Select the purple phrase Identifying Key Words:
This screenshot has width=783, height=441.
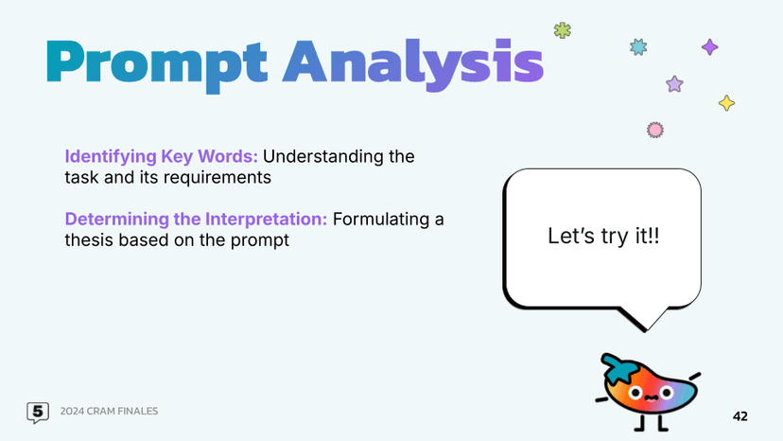coord(161,156)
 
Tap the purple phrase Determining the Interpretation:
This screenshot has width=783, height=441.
coord(196,220)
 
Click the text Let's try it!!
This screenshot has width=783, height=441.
coord(603,237)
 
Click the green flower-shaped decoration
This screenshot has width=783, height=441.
coord(563,30)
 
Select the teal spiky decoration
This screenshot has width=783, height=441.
coord(638,45)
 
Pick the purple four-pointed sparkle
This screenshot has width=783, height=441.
coord(709,46)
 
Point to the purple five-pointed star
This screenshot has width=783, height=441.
coord(674,84)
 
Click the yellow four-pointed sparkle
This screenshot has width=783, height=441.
coord(726,102)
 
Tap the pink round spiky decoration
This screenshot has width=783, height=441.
coord(653,129)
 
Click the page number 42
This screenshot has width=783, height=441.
coord(739,416)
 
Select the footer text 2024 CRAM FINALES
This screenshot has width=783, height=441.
coord(109,411)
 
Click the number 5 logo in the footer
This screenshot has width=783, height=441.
coord(38,412)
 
